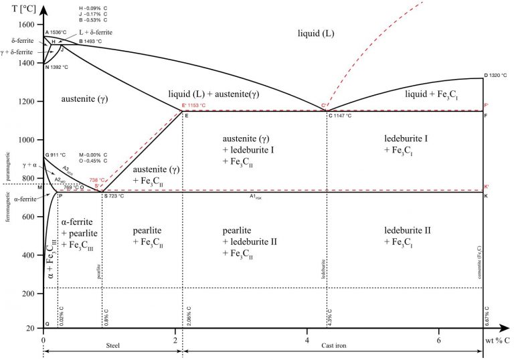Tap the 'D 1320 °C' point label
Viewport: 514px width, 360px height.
point(495,75)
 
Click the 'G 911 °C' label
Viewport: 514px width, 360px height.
point(58,155)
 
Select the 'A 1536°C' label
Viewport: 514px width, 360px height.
point(56,32)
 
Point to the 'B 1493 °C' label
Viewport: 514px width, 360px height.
point(90,41)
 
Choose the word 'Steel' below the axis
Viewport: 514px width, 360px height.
point(113,345)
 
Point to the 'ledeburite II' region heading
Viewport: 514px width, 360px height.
point(408,232)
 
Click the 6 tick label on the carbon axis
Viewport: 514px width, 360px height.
point(438,340)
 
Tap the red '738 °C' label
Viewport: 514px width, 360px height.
point(97,181)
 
